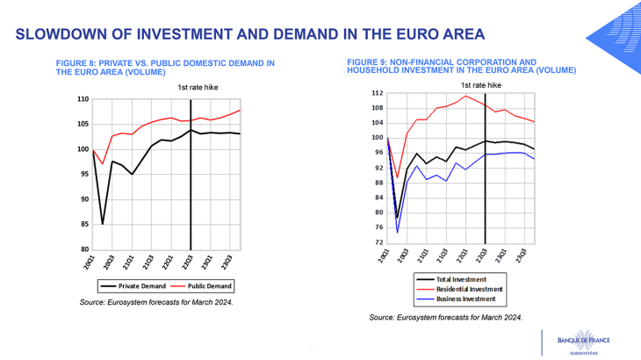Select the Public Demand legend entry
pos(203,286)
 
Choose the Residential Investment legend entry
pos(472,288)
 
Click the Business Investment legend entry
pos(468,299)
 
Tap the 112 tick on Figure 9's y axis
pos(377,93)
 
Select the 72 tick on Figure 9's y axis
pos(378,242)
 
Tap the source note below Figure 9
pos(445,316)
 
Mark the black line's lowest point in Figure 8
pos(103,224)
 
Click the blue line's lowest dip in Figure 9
pos(397,233)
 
